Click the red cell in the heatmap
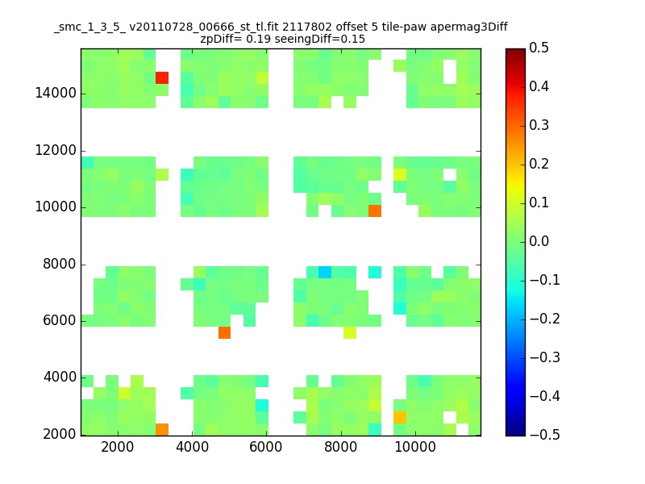(162, 77)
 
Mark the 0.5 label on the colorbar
(539, 48)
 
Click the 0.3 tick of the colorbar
(539, 126)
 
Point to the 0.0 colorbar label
(539, 242)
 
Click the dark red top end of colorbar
(515, 52)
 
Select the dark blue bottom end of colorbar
(515, 432)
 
